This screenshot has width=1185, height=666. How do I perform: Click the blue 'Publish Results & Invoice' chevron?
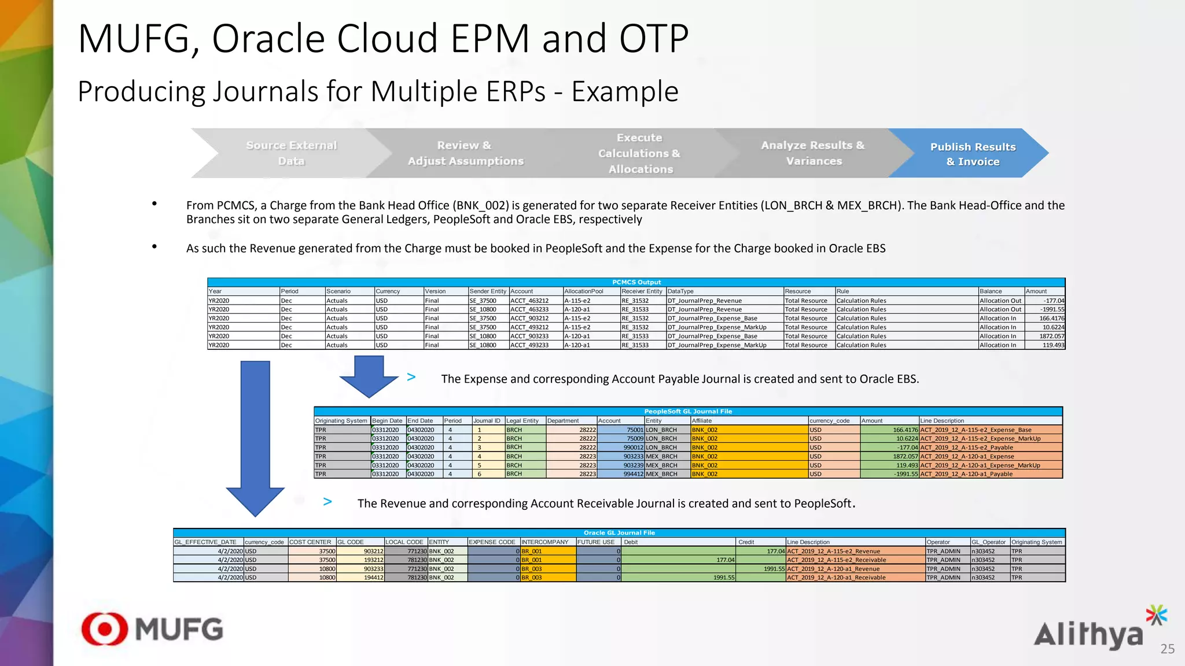pos(972,154)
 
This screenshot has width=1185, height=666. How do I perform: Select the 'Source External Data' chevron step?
pos(291,153)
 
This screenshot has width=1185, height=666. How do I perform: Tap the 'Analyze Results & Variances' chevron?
pos(812,153)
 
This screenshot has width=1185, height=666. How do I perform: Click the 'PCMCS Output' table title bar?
pos(636,282)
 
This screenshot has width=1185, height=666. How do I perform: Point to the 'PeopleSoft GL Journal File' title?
pos(688,412)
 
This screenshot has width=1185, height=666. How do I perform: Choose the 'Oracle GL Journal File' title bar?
pos(619,533)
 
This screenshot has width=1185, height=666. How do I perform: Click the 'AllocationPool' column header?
pos(584,291)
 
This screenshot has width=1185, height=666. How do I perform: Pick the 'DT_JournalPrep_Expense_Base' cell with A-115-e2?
pos(712,319)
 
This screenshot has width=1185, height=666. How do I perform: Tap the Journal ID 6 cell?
pos(479,474)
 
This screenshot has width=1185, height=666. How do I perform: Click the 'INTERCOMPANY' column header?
pos(544,542)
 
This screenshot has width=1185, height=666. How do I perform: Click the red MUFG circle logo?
pos(105,629)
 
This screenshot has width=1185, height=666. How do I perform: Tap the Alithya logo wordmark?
pos(1088,635)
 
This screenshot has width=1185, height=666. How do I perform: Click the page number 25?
pos(1167,649)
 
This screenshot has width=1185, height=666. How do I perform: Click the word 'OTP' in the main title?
pos(654,39)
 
